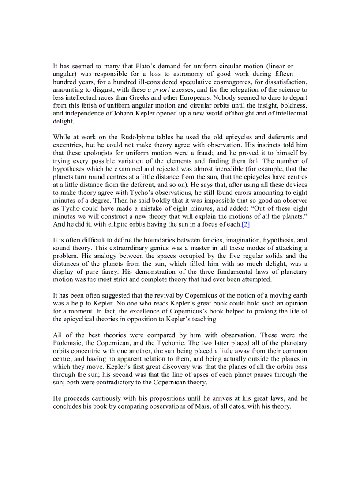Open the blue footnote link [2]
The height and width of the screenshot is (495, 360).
[x=246, y=224]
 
